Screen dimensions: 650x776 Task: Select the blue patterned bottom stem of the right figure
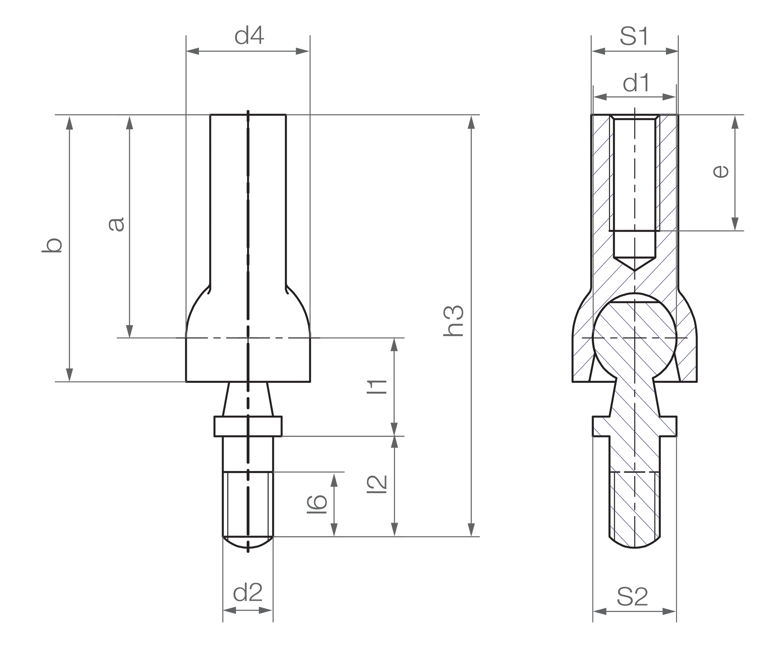pos(640,493)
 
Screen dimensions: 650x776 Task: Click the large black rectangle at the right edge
pos(727,337)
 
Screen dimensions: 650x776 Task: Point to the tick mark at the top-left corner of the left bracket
pos(61,116)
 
